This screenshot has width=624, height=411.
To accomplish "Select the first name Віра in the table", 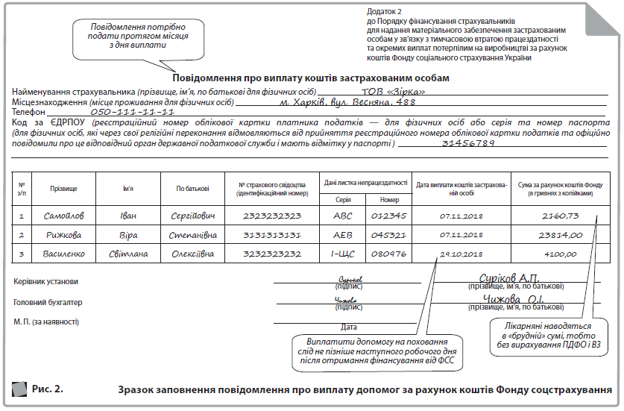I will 129,235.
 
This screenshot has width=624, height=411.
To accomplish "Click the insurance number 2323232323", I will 272,216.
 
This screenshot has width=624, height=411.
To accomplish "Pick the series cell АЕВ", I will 343,235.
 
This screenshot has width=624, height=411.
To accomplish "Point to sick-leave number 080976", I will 388,254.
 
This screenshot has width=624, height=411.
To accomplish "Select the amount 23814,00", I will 564,235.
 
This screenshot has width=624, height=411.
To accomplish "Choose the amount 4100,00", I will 564,254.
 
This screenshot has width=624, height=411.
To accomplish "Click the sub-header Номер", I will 389,200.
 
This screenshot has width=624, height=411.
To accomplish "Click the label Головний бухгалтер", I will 48,303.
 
